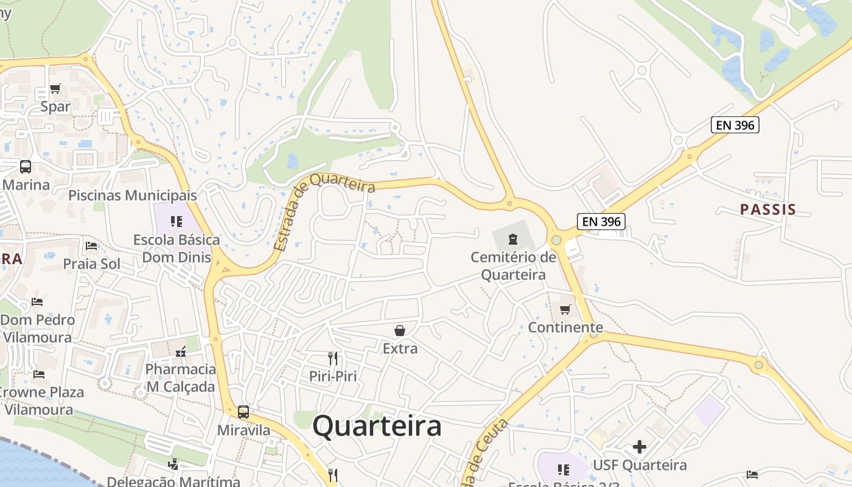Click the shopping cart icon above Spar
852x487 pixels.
pos(55,89)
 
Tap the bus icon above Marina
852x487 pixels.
pos(26,167)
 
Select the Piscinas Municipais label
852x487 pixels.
pos(133,195)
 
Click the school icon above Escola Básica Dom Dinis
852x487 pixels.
pos(176,221)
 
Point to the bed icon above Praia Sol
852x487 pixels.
pos(91,246)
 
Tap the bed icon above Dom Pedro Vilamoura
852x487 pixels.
pos(37,301)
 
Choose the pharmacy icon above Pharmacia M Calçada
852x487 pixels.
pos(181,351)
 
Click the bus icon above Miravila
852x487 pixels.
pos(243,412)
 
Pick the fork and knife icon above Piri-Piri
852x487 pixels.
pos(332,358)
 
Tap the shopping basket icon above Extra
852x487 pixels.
pos(400,331)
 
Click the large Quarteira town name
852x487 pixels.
pos(377,426)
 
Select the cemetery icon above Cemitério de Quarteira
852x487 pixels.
pos(513,239)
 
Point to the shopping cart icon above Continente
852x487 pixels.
pos(565,310)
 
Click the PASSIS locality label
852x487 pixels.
pos(768,210)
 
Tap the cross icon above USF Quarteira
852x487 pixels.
pos(639,447)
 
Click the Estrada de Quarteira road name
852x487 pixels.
pos(323,207)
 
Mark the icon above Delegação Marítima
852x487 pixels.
pos(173,464)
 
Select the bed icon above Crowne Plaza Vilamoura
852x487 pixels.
pos(39,374)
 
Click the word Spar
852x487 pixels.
pos(55,107)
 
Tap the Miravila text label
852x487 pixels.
pos(243,430)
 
